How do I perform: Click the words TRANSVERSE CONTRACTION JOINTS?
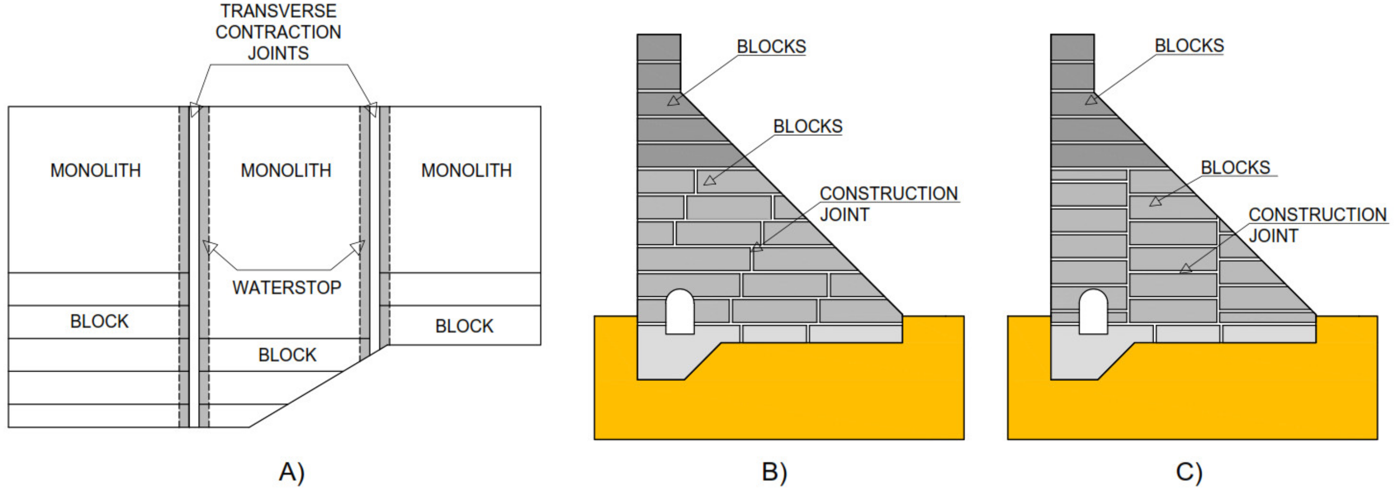[278, 32]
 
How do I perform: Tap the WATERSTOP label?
[287, 288]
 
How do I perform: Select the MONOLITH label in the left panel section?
[95, 170]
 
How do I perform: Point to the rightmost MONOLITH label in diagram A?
[466, 170]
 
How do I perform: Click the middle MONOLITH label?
[285, 170]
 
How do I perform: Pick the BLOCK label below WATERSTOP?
[287, 355]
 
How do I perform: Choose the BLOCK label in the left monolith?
[99, 321]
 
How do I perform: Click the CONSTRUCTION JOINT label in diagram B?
[888, 204]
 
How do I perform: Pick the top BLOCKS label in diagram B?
[771, 47]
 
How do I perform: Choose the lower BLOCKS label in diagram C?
[1235, 168]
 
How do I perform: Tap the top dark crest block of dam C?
[1072, 48]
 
